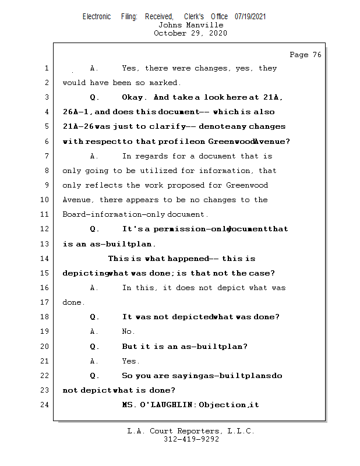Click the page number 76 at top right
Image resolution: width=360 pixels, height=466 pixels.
317,55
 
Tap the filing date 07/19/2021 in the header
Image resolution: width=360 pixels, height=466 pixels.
250,17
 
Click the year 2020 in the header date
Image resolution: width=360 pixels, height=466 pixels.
218,33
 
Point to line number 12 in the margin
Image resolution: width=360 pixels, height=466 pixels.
44,229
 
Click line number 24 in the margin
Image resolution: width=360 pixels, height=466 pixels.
44,404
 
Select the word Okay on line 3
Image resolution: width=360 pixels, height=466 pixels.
133,97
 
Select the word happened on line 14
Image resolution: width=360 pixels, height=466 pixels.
188,259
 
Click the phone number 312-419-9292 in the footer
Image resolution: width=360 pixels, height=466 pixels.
191,439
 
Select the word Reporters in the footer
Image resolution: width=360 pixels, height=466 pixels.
198,431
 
